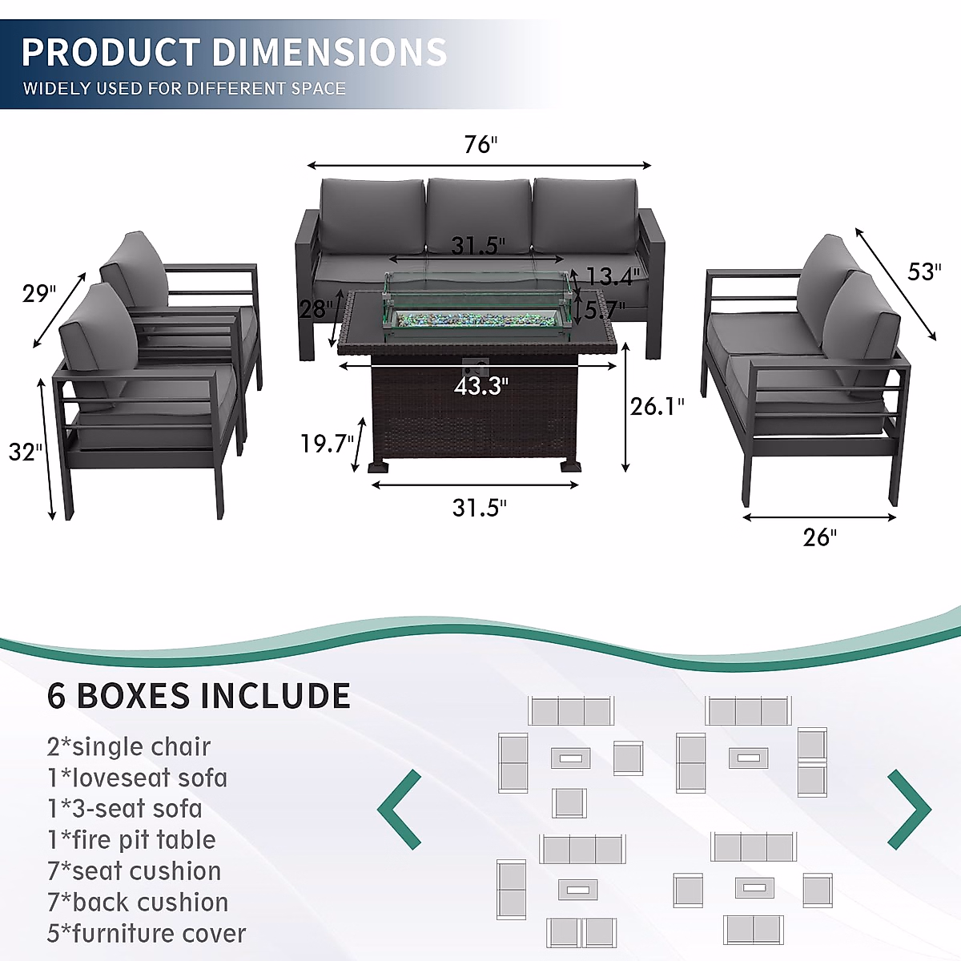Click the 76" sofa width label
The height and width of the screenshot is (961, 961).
(x=480, y=144)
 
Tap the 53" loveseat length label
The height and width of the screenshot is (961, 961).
(x=923, y=272)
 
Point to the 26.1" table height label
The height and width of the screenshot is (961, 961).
(x=657, y=407)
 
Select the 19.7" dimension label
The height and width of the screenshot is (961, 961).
(x=327, y=443)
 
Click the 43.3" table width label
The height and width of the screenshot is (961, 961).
(x=480, y=387)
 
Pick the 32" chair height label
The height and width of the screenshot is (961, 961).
(x=26, y=452)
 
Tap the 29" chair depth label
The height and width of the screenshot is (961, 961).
(x=39, y=293)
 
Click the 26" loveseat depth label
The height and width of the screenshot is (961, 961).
(x=819, y=537)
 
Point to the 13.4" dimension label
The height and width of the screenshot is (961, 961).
(x=613, y=277)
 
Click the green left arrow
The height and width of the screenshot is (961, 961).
(x=400, y=809)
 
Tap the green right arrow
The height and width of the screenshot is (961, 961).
(x=909, y=809)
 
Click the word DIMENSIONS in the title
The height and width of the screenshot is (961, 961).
(x=329, y=53)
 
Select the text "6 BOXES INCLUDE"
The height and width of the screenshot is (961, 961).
(x=199, y=695)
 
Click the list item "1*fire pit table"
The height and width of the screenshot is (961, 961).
(x=131, y=839)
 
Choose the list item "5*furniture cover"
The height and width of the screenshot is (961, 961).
(x=147, y=933)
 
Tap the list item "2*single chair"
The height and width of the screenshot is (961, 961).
(x=129, y=746)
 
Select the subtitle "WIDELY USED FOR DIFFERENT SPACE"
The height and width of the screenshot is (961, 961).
(x=184, y=88)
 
